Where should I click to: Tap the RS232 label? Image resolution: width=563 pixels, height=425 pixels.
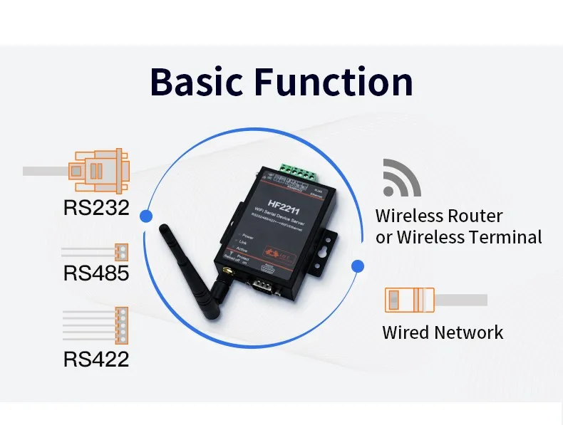(x=96, y=208)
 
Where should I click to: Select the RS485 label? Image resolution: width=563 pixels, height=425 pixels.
(x=96, y=273)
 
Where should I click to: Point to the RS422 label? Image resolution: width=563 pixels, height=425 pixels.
(x=96, y=358)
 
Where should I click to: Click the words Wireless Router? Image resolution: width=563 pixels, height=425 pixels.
(x=439, y=216)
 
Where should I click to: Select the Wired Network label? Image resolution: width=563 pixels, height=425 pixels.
(x=443, y=332)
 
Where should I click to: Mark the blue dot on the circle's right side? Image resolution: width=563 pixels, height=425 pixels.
(x=358, y=266)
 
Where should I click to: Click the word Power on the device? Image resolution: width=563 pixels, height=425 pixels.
(x=248, y=235)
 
